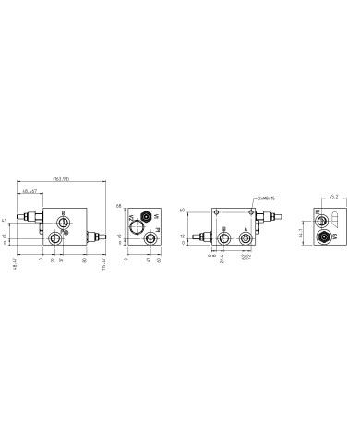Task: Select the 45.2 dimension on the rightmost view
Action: pos(333,197)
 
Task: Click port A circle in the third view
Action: pos(246,238)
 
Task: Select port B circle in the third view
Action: pos(221,238)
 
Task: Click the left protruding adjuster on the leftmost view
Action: pos(33,219)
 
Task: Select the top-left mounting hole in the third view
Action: pos(216,211)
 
